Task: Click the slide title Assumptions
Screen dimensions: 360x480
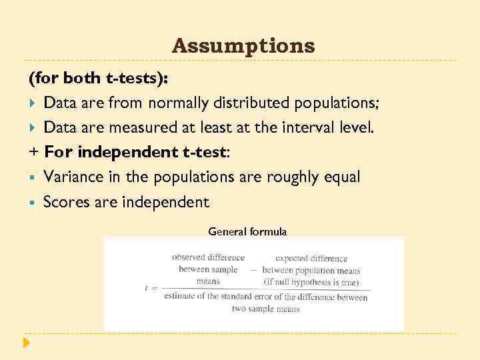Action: point(243,46)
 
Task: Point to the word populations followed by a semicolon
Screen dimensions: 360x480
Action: point(333,103)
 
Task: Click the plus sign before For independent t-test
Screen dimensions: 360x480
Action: point(33,153)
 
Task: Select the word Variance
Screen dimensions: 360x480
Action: point(71,177)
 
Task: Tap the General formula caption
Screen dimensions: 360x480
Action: point(247,232)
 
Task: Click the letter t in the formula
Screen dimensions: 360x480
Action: point(146,287)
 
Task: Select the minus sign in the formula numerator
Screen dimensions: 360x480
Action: point(253,271)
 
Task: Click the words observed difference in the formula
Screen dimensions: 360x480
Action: point(208,257)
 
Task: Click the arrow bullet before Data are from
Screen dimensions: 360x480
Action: point(33,103)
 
